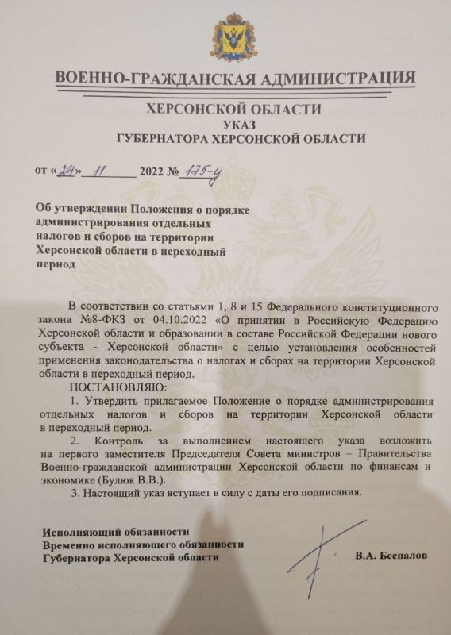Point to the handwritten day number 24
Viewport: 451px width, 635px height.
pos(71,170)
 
